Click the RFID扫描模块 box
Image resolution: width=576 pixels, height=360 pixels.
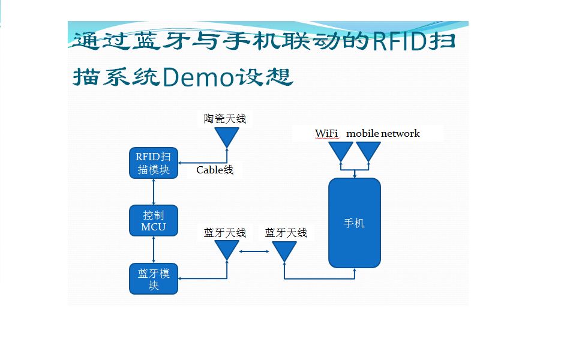click(154, 163)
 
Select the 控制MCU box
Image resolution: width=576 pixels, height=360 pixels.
click(154, 221)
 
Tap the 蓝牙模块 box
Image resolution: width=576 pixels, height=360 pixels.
click(154, 279)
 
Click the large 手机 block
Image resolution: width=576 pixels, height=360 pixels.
click(355, 223)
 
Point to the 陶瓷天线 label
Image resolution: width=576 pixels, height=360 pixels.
click(225, 119)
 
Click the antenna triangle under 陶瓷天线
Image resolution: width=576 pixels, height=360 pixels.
click(227, 137)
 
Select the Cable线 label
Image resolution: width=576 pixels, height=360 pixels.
click(215, 170)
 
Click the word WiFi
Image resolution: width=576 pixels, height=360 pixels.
click(326, 133)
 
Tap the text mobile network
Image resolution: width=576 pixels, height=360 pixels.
click(383, 133)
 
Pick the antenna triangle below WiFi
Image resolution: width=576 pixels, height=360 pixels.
click(341, 150)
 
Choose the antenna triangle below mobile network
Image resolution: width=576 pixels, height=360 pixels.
click(368, 150)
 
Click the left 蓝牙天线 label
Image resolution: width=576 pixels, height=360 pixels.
click(225, 233)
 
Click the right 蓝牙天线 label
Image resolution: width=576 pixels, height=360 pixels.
click(286, 233)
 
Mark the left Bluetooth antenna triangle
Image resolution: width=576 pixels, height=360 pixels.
click(227, 249)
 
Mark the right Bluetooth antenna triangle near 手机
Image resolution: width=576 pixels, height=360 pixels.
click(284, 249)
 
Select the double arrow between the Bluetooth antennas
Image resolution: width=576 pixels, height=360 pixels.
click(255, 251)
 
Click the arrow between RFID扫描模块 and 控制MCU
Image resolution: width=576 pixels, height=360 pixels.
click(154, 192)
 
